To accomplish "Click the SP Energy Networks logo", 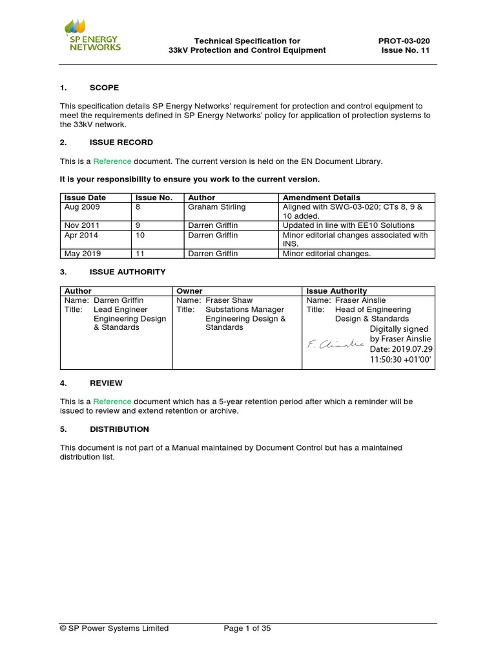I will pos(92,36).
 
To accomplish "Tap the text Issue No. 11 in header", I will pos(406,50).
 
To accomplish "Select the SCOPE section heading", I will pos(103,87).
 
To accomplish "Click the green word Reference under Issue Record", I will pos(112,161).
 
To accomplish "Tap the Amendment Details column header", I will pos(322,198).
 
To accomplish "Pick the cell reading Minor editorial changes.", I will pos(327,254).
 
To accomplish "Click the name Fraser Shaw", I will pos(229,300).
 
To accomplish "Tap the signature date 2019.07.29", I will pos(399,349).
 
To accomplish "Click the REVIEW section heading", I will pos(106,383).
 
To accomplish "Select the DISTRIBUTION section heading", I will pos(119,429).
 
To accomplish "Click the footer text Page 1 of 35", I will pos(247,628).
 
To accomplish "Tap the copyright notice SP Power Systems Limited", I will pos(114,628).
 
